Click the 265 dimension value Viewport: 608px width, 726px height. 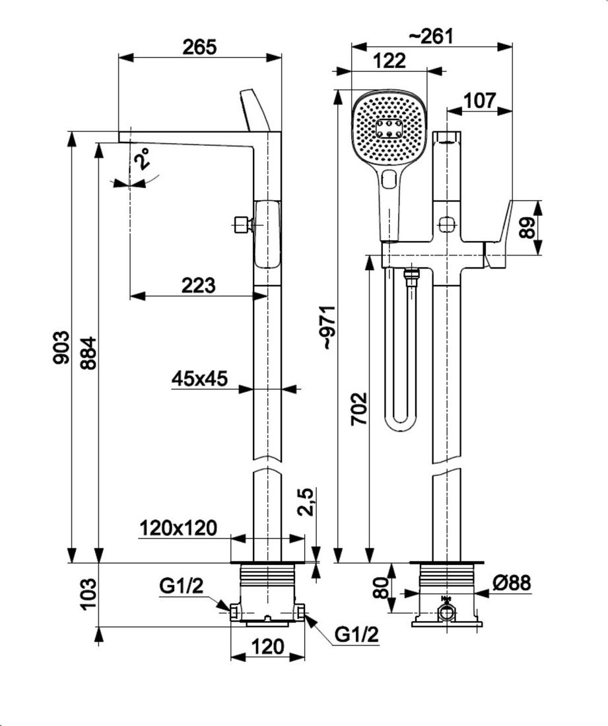[x=199, y=47]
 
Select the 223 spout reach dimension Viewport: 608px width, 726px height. [x=199, y=285]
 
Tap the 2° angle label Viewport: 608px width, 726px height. [x=142, y=160]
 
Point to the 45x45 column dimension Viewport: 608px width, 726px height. [x=199, y=378]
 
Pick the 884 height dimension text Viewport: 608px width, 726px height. [x=88, y=354]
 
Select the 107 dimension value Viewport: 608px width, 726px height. [x=479, y=100]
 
